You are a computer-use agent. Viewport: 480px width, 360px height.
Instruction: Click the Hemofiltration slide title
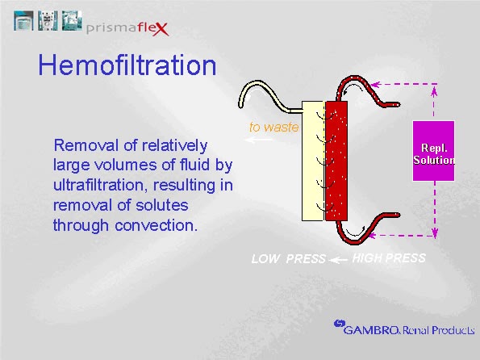click(x=127, y=65)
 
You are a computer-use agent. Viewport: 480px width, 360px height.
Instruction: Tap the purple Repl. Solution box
click(x=433, y=151)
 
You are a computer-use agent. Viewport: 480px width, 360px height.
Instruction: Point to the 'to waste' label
click(x=273, y=127)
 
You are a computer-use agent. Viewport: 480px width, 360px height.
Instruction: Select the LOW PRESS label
click(x=288, y=259)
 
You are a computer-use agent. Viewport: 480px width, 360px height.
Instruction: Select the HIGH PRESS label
click(x=389, y=258)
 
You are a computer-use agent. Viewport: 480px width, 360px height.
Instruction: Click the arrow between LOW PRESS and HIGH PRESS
click(x=339, y=259)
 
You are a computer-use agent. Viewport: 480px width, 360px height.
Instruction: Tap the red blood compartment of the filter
click(x=336, y=161)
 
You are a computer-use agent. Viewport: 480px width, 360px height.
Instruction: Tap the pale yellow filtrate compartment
click(x=312, y=161)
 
